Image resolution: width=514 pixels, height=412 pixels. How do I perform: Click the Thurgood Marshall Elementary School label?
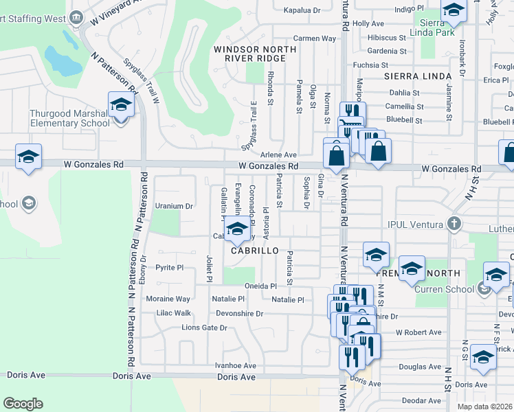coord(69,118)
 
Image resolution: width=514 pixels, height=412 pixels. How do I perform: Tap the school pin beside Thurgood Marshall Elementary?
coord(121,106)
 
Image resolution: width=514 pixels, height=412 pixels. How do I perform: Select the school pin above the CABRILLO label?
coord(237,229)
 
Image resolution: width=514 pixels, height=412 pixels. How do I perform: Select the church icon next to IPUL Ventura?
coord(453,223)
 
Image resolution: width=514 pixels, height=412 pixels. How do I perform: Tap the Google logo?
coord(23,404)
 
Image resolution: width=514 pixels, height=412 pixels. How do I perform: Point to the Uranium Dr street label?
coord(173,206)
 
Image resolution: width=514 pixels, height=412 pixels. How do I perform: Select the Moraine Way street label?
coord(168,299)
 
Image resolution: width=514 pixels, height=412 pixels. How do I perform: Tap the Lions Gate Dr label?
coord(204,328)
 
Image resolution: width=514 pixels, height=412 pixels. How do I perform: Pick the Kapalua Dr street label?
coord(302,11)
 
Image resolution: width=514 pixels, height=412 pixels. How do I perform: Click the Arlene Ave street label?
coord(278,155)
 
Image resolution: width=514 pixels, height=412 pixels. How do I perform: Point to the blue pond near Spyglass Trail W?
coord(63,60)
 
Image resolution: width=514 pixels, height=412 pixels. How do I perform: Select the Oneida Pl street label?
coord(262,286)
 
